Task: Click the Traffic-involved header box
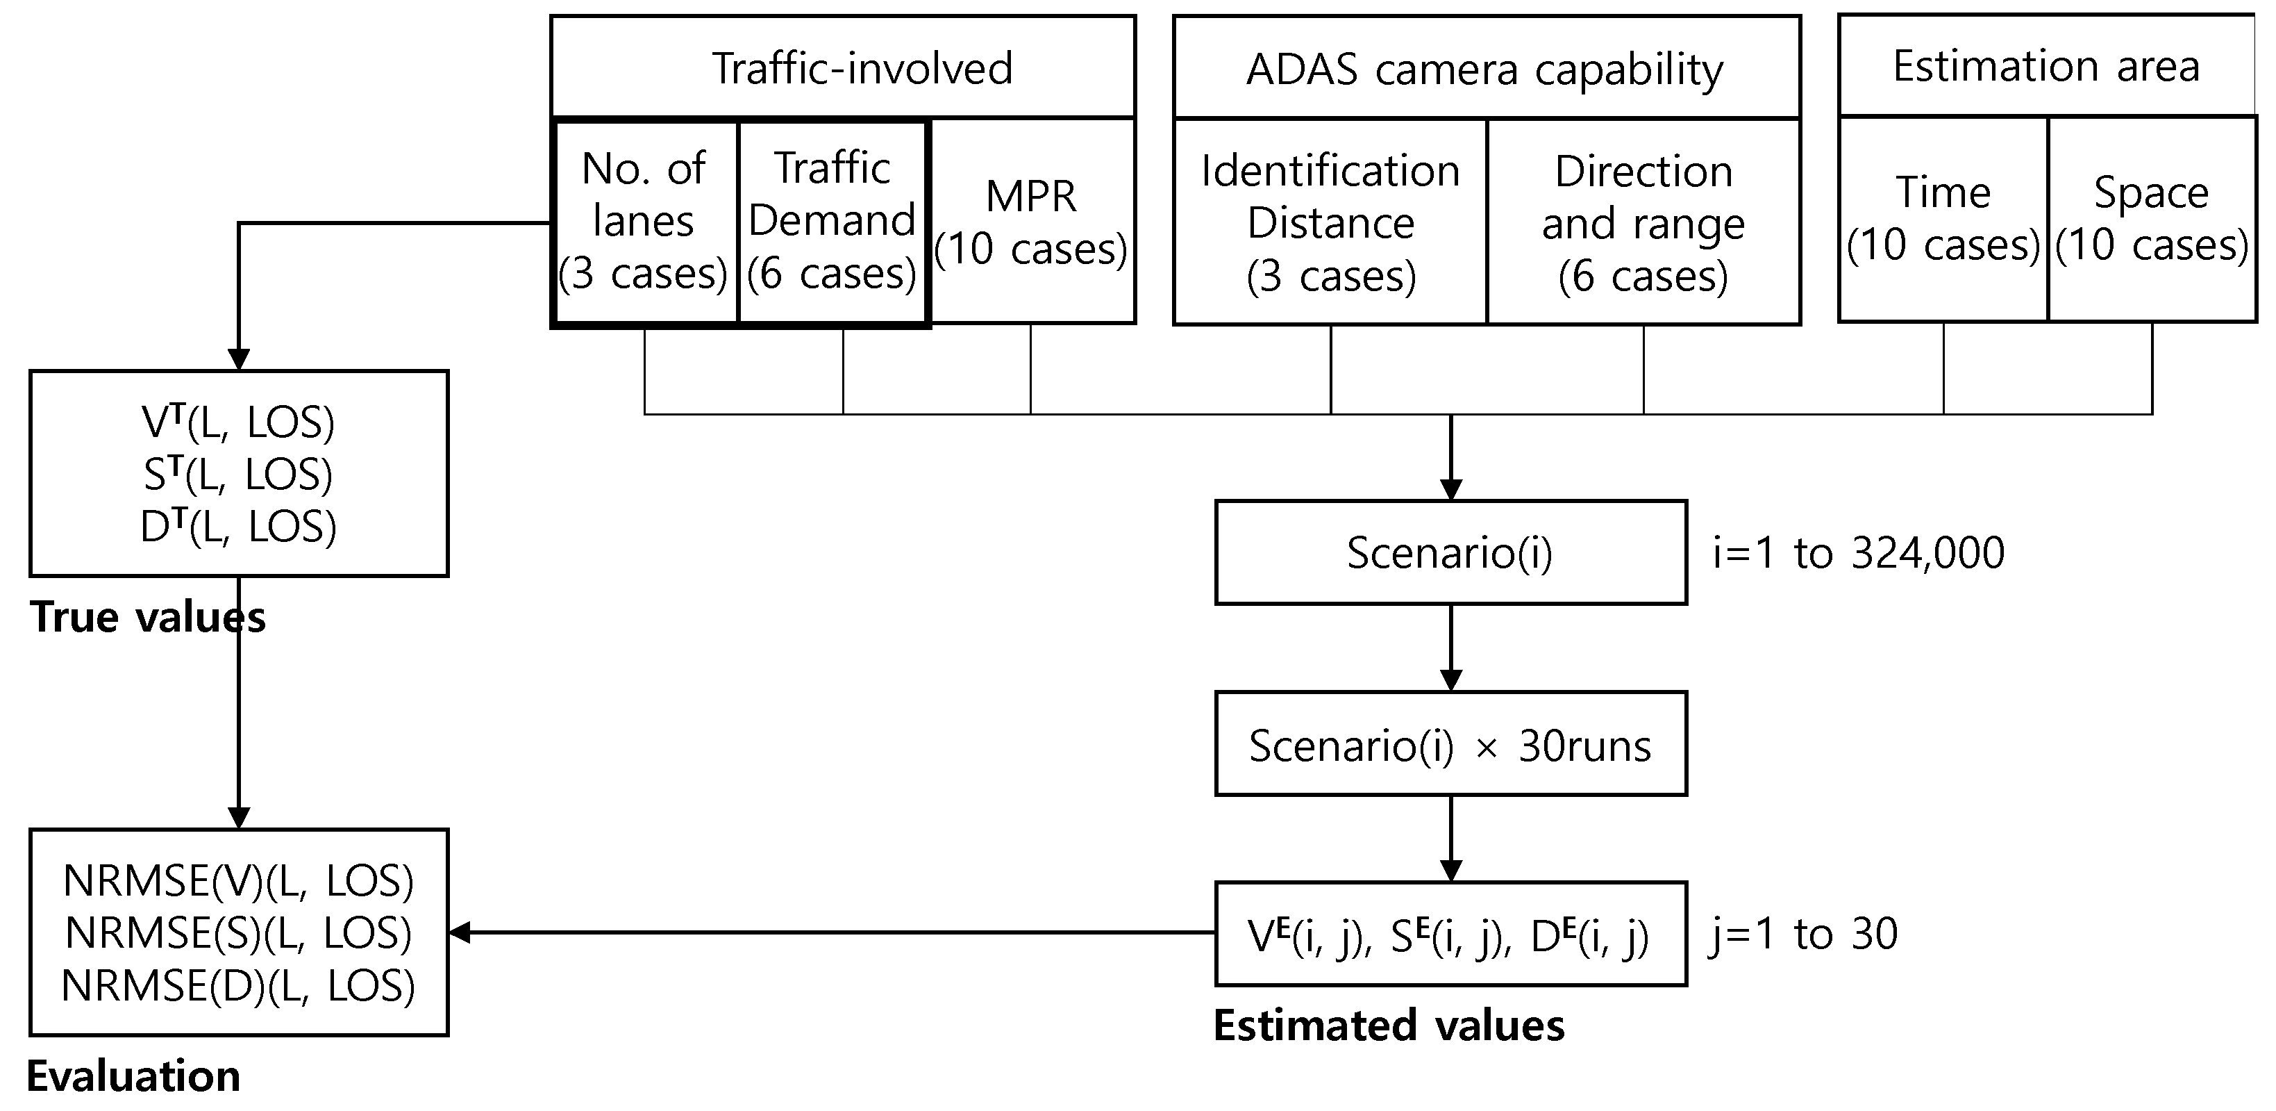[843, 67]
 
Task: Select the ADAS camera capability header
[1486, 68]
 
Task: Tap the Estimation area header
[2046, 65]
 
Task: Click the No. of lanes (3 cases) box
[644, 221]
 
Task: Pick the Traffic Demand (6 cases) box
[832, 221]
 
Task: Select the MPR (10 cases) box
[1032, 221]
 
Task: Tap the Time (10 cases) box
[1943, 218]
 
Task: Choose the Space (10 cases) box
[2152, 218]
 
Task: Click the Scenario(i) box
[1450, 552]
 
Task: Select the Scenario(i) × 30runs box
[1450, 744]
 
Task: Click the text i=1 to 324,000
[1858, 553]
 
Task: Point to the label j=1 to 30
[1802, 933]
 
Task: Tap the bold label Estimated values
[1389, 1026]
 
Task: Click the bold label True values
[148, 617]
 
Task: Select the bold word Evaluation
[133, 1076]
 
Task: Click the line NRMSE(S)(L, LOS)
[239, 932]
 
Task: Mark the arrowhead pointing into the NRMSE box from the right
[460, 932]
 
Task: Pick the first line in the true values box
[239, 422]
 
